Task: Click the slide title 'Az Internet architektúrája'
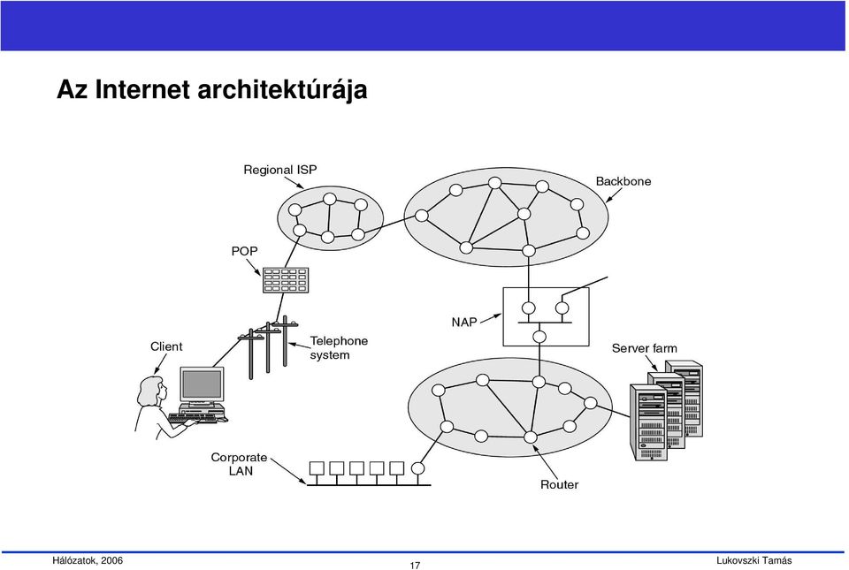[211, 90]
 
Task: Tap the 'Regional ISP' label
[280, 170]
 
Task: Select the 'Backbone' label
[623, 181]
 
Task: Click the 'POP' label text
[244, 251]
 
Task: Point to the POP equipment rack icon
[286, 280]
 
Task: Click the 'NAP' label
[464, 323]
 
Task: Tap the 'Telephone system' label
[339, 347]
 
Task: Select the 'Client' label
[166, 346]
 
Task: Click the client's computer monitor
[202, 384]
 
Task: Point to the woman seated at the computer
[154, 407]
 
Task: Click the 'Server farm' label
[645, 348]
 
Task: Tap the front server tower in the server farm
[648, 422]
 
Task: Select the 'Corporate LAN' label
[239, 464]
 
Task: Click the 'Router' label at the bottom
[559, 484]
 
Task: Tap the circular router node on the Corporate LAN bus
[417, 468]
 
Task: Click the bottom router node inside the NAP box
[539, 337]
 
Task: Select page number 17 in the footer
[415, 566]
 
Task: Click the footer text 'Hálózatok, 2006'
[88, 560]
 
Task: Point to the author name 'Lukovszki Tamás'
[753, 561]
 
